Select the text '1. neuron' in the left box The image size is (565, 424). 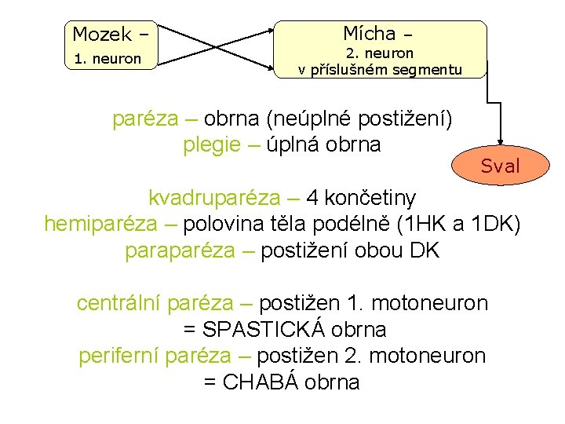click(x=108, y=59)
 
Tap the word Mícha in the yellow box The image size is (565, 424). click(x=369, y=33)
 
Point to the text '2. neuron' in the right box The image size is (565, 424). click(x=381, y=53)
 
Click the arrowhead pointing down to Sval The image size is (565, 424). click(x=500, y=137)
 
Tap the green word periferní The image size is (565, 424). click(x=119, y=356)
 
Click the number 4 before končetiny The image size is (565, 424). click(x=313, y=196)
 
